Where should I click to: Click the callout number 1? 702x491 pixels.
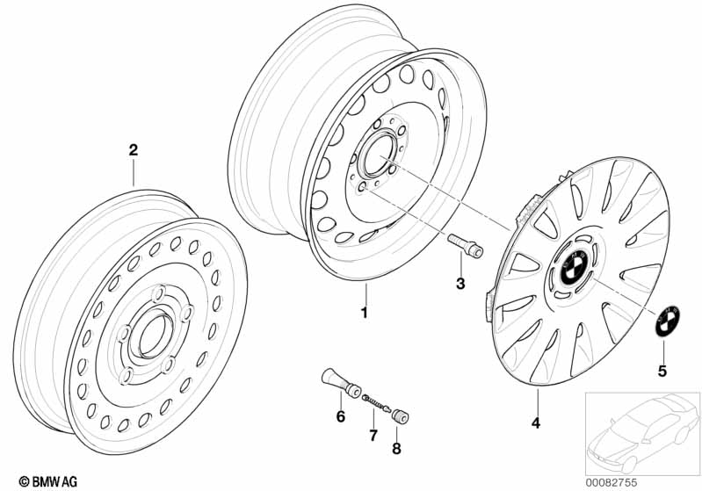(365, 312)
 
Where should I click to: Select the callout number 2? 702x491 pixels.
(134, 150)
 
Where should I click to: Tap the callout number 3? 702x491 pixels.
(460, 283)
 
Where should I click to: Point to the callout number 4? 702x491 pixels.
(536, 422)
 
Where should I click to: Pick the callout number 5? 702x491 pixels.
(662, 371)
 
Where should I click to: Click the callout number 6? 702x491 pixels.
(341, 416)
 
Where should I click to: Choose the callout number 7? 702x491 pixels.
(373, 435)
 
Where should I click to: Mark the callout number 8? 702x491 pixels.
(396, 449)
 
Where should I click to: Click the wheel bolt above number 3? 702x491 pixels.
(465, 246)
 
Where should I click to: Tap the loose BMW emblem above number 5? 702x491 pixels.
(668, 321)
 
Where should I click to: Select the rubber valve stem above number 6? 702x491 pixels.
(342, 383)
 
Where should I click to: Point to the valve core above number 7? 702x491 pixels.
(376, 402)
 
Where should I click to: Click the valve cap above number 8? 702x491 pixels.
(401, 415)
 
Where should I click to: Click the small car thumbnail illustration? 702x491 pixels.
(642, 433)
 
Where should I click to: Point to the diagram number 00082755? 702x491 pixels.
(612, 482)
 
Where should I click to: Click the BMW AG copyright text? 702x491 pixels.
(48, 481)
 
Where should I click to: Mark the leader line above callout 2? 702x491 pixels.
(134, 172)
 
